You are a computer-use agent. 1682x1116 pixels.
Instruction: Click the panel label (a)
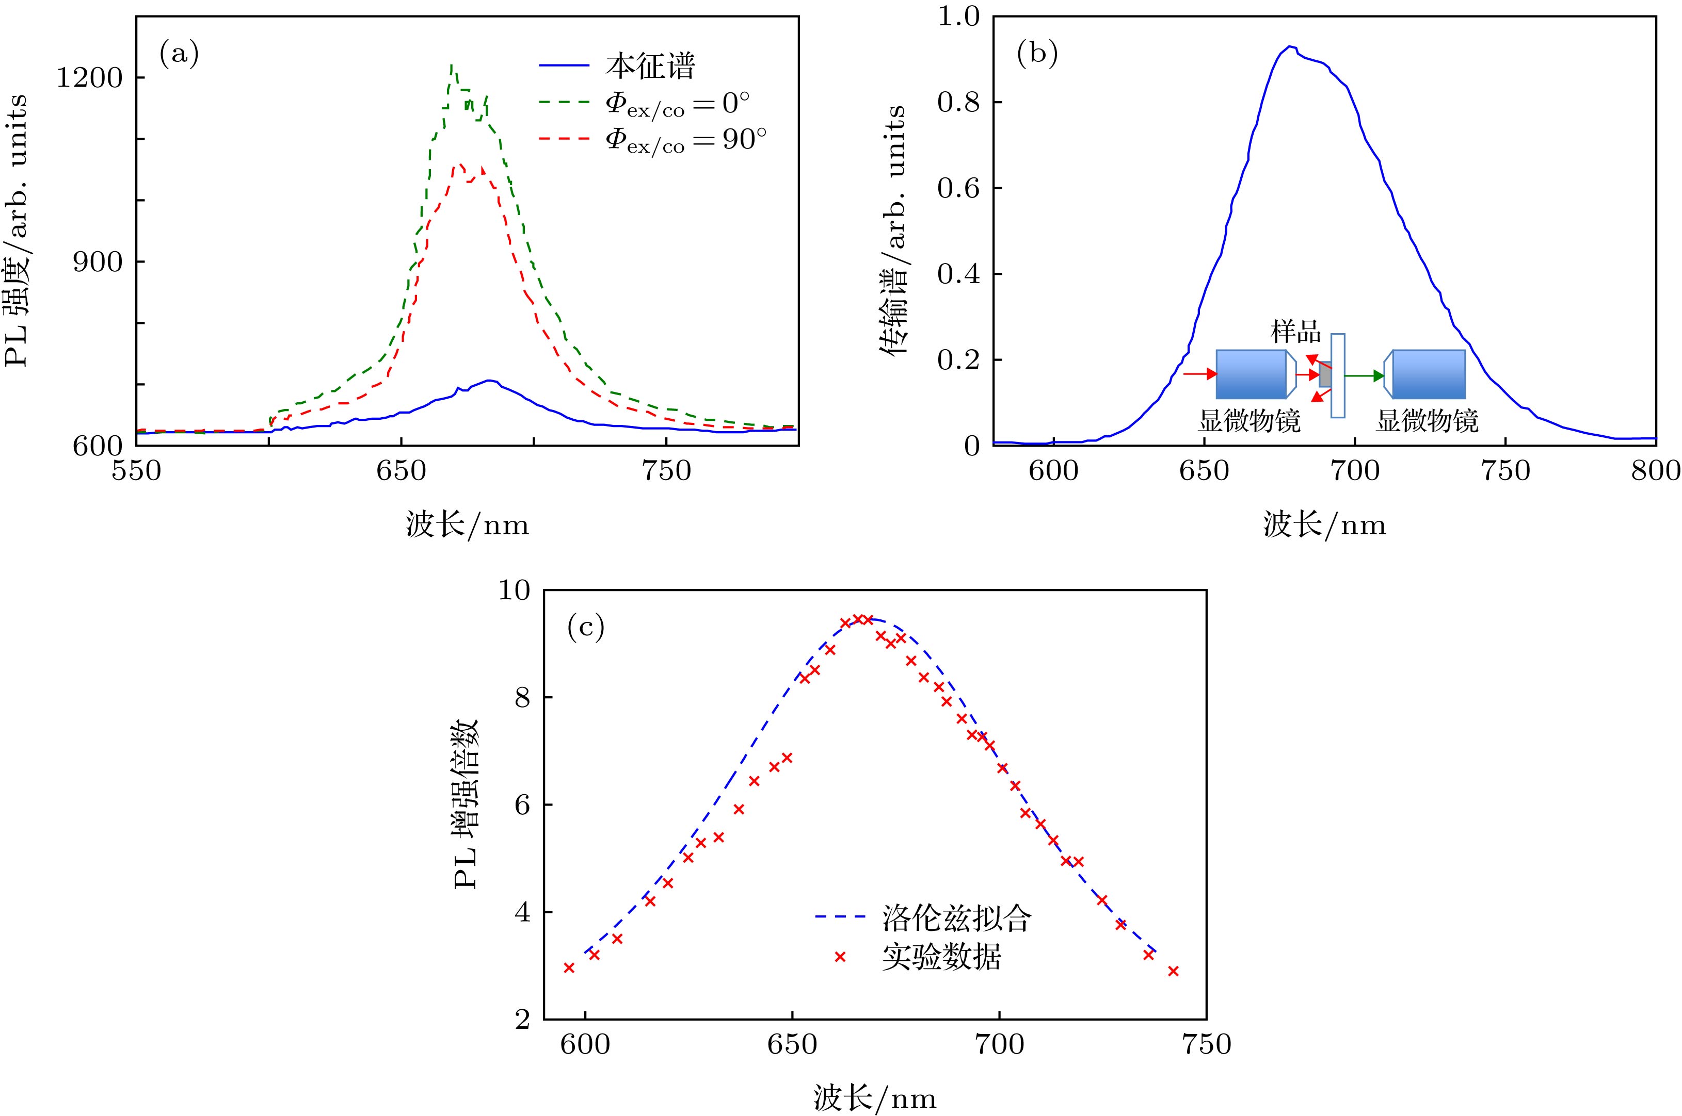[x=178, y=55]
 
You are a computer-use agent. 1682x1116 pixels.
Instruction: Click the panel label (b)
[x=1037, y=55]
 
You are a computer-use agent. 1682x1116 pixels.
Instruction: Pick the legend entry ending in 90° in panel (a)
[x=685, y=139]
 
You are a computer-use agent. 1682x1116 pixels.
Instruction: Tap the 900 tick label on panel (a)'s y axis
[x=98, y=262]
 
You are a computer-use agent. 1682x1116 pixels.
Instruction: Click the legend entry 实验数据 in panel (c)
[x=941, y=957]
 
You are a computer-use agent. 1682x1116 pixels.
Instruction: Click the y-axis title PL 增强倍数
[x=467, y=805]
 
